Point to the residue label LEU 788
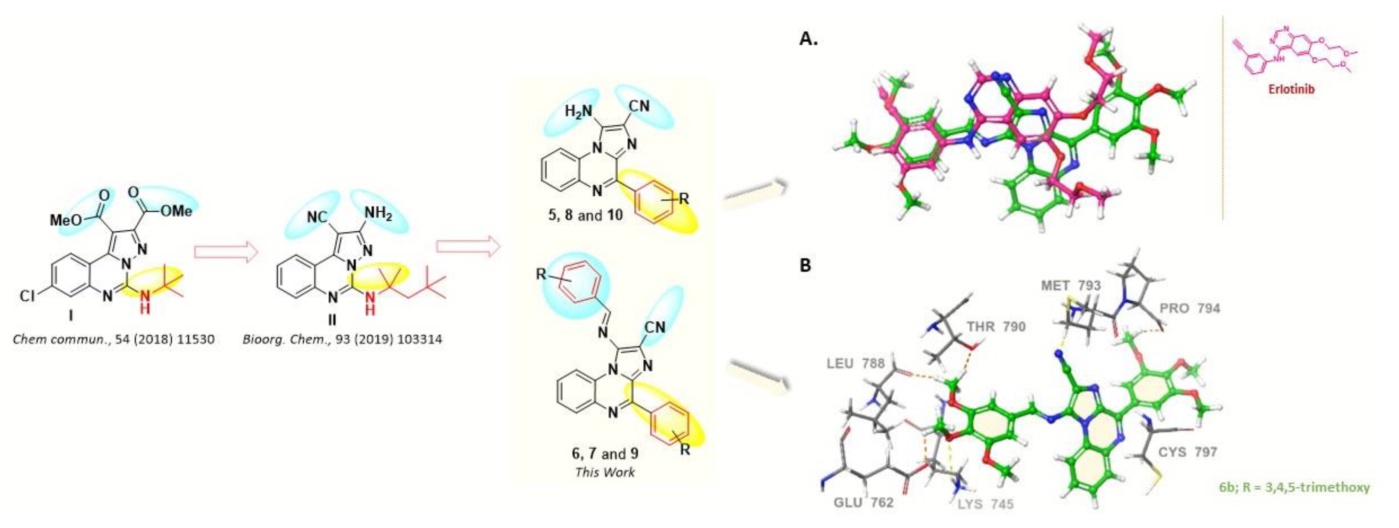pos(855,363)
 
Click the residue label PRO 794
pos(1189,309)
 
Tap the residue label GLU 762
pos(864,502)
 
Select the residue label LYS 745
pos(985,504)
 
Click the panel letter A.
pos(808,39)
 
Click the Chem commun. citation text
pos(113,340)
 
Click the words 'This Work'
pos(604,472)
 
